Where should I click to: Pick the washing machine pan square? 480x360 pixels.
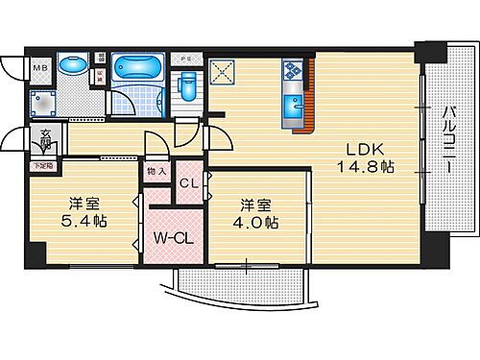click(45, 101)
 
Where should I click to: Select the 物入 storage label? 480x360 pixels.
click(156, 172)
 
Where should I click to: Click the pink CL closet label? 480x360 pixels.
click(189, 183)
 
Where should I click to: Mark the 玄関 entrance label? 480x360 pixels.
click(45, 139)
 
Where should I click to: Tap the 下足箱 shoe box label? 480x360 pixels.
click(44, 165)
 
